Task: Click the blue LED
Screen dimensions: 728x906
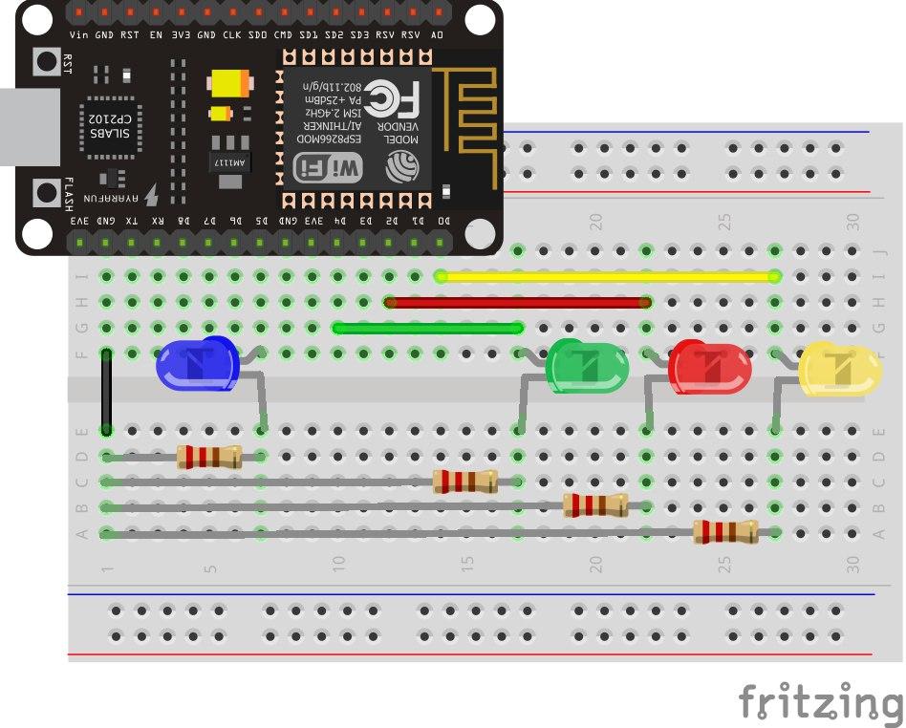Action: click(198, 364)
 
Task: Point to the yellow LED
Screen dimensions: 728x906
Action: click(840, 370)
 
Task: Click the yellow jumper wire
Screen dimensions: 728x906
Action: click(608, 277)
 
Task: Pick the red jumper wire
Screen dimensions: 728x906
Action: click(517, 303)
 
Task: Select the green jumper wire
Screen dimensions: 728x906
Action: click(427, 328)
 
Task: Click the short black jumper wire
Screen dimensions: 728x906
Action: click(107, 391)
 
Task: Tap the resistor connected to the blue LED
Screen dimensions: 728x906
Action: click(209, 457)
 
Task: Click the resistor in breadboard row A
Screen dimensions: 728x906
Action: click(725, 532)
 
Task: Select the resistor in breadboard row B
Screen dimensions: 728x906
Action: click(595, 505)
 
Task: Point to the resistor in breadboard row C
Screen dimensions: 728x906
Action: click(465, 482)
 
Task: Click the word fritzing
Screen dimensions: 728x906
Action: click(820, 701)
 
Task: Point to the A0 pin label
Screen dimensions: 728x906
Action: click(438, 34)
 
